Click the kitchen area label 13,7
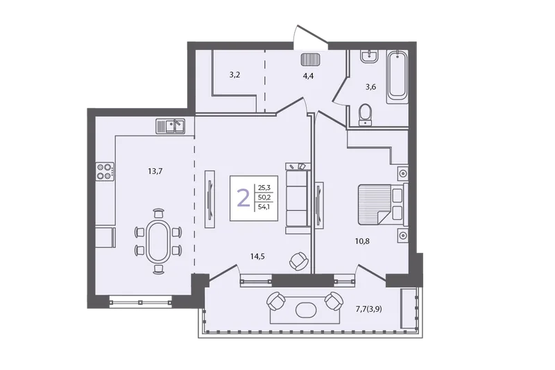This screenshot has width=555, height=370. (155, 171)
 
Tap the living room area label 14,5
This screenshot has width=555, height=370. (257, 256)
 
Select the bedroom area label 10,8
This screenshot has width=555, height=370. (362, 241)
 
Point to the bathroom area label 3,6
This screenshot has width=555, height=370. (370, 87)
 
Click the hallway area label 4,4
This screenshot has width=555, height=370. (308, 76)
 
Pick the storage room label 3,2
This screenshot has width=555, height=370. (234, 75)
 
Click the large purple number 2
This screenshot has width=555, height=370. (244, 198)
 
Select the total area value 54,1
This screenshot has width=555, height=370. (264, 207)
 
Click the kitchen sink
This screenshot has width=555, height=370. (170, 126)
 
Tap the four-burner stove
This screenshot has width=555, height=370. (105, 171)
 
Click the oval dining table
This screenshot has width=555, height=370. (157, 242)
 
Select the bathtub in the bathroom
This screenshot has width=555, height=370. (397, 77)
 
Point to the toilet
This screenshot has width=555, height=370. (366, 115)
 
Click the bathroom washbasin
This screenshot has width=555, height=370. (370, 56)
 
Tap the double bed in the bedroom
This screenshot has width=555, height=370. (383, 204)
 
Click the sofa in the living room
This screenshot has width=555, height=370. (298, 198)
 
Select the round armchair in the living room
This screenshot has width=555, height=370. (299, 261)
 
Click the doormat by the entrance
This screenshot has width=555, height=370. (310, 60)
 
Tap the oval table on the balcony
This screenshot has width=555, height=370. (306, 310)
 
